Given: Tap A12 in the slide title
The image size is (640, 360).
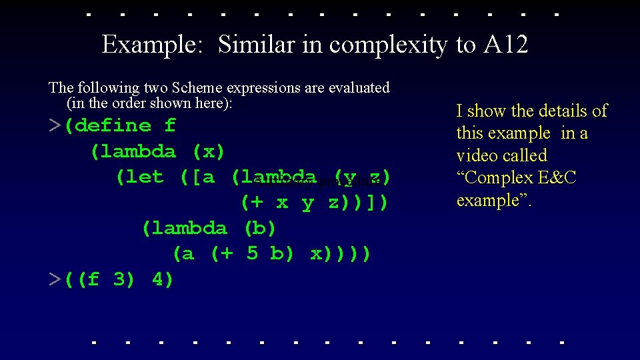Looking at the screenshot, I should pyautogui.click(x=505, y=45).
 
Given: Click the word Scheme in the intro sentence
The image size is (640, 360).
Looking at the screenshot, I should pyautogui.click(x=198, y=87).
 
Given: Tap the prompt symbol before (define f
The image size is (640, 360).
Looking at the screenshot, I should pyautogui.click(x=55, y=126).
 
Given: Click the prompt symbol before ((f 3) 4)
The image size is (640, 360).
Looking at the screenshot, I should pyautogui.click(x=55, y=279).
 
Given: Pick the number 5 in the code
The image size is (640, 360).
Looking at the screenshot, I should pyautogui.click(x=252, y=254).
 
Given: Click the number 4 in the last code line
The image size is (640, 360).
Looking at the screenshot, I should pyautogui.click(x=159, y=279).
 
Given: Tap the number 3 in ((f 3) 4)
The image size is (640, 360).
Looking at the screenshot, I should pyautogui.click(x=120, y=279).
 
